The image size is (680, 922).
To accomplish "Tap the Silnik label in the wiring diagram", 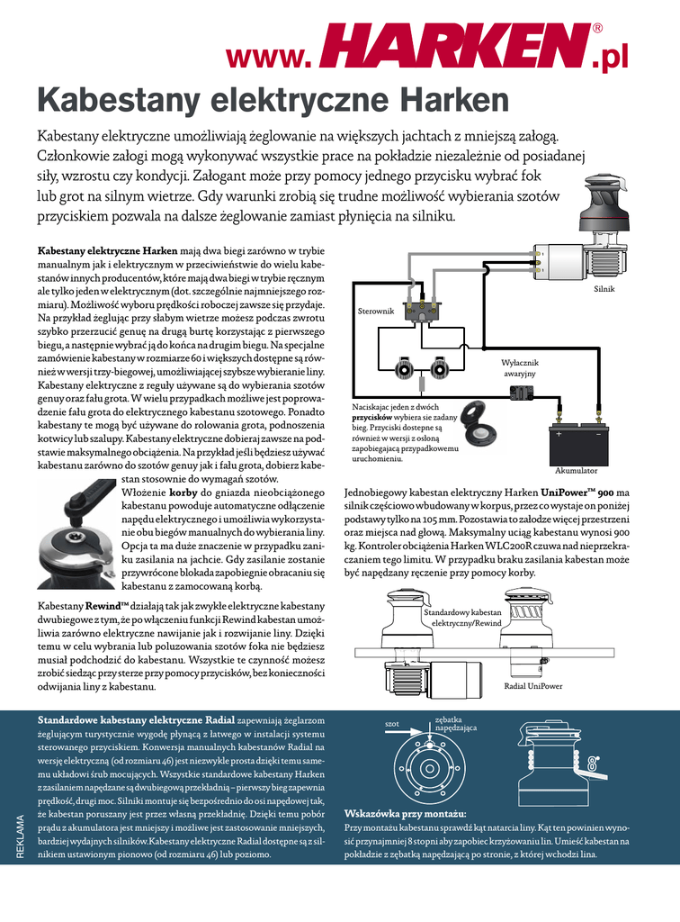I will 604,289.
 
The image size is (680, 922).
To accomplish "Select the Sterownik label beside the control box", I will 376,311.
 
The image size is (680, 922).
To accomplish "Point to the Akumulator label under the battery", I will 576,470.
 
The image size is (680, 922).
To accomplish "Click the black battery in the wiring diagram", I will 576,441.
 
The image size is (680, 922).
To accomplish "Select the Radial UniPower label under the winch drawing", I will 532,686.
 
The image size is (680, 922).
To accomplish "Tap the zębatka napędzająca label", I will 455,723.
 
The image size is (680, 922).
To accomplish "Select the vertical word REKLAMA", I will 21,837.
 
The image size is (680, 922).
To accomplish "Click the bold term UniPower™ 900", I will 577,493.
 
